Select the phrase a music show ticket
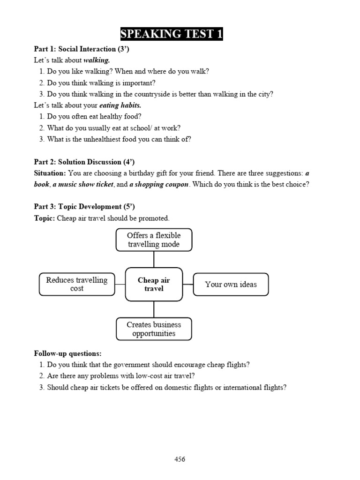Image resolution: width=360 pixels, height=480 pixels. coord(82,185)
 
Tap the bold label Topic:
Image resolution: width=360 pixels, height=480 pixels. coord(45,218)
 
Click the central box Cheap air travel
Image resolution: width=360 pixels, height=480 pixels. coord(154,285)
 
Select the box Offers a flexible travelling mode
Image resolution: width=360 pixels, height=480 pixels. coord(154,240)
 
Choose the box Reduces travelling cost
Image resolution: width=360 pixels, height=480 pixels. coord(77,284)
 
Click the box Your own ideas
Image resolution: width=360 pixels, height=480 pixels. coord(231,285)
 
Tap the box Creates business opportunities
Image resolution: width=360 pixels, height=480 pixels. coord(154,329)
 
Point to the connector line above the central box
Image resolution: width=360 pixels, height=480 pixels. coord(154,259)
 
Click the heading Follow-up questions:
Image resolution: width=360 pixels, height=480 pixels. coord(67,353)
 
